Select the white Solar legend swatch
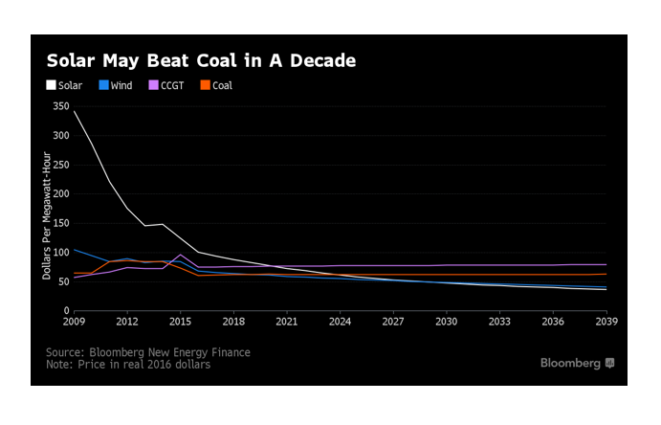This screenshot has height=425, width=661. (52, 86)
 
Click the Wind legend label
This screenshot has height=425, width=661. (121, 86)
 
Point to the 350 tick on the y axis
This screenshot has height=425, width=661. (60, 106)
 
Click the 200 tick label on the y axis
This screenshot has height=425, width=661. (60, 193)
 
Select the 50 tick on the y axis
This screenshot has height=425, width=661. (63, 281)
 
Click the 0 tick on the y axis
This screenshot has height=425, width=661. (66, 310)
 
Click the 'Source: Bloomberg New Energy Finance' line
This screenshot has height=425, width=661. (148, 352)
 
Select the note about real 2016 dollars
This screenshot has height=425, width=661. (128, 365)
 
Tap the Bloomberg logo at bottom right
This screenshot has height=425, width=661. (578, 363)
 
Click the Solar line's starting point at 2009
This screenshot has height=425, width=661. (75, 111)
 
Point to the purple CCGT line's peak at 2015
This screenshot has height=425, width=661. (181, 255)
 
